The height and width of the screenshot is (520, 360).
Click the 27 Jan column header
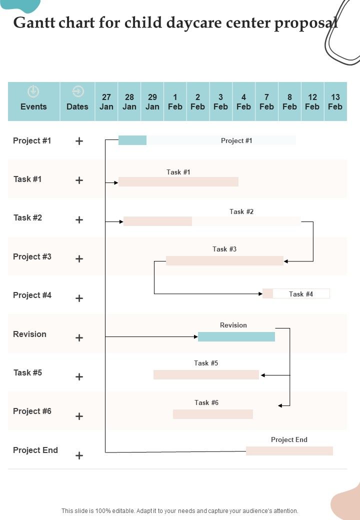(106, 101)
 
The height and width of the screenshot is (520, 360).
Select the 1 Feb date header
(175, 101)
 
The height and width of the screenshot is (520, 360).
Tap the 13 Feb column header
(335, 101)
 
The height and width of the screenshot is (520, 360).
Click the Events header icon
(33, 91)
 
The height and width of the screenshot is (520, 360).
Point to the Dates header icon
(77, 91)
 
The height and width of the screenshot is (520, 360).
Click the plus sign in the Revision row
(79, 338)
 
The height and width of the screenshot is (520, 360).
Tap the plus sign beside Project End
(79, 455)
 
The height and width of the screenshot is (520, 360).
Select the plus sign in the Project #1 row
(79, 141)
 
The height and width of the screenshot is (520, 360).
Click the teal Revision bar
(236, 336)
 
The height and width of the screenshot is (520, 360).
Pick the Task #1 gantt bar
(178, 181)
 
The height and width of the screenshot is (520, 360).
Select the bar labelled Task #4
(296, 293)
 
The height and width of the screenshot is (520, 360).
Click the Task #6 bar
(212, 414)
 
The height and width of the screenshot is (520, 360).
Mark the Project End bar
(289, 451)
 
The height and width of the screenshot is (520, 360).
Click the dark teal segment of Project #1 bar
(132, 140)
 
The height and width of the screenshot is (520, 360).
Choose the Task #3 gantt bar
(224, 260)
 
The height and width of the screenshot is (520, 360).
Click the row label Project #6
(32, 411)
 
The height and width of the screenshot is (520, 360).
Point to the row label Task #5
(27, 372)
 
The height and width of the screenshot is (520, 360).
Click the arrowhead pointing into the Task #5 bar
(262, 375)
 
